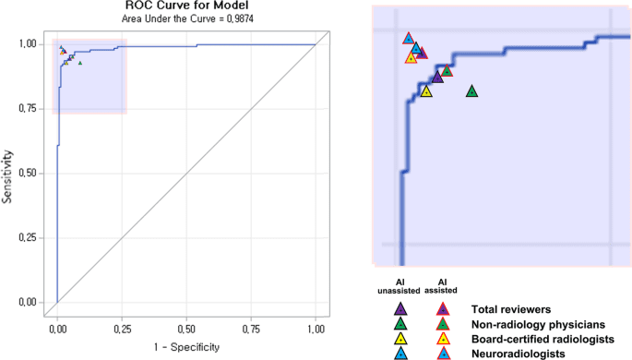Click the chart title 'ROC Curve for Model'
[x=185, y=6]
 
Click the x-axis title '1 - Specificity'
[x=186, y=346]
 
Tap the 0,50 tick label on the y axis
[x=29, y=173]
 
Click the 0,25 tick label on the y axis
[x=29, y=237]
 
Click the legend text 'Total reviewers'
[x=511, y=308]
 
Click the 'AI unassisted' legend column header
[x=399, y=285]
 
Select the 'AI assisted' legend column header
[x=442, y=285]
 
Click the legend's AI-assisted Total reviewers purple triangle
[x=442, y=309]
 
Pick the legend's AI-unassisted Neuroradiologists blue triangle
[x=400, y=354]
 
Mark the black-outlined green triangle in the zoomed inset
[x=471, y=91]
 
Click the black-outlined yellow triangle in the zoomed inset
[x=426, y=90]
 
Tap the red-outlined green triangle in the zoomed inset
[x=447, y=70]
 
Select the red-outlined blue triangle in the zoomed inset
[x=409, y=38]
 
